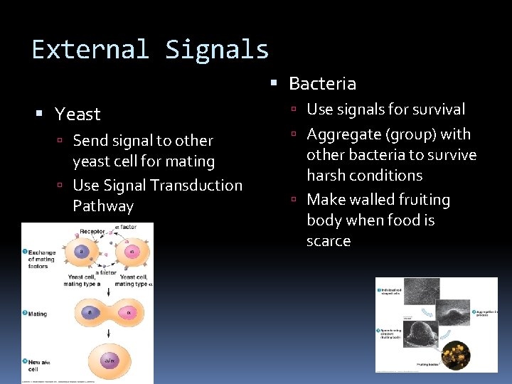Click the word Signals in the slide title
pyautogui.click(x=217, y=50)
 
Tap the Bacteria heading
pyautogui.click(x=322, y=83)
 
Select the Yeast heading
pyautogui.click(x=78, y=114)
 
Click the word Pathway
pyautogui.click(x=103, y=206)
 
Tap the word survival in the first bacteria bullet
pyautogui.click(x=434, y=109)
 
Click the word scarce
pyautogui.click(x=329, y=241)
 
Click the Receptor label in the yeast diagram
pyautogui.click(x=92, y=231)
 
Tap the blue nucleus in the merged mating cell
pyautogui.click(x=90, y=311)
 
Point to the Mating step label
pyautogui.click(x=37, y=313)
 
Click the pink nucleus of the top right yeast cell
pyautogui.click(x=130, y=251)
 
